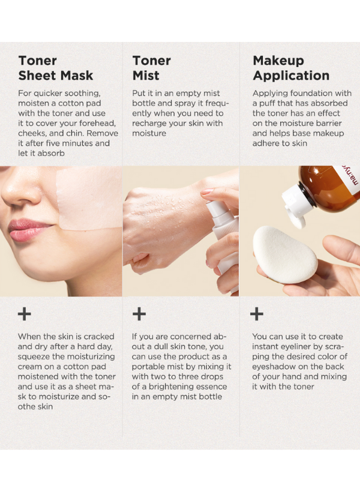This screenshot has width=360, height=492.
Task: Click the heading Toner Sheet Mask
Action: [56, 68]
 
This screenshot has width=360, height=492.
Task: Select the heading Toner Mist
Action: [152, 68]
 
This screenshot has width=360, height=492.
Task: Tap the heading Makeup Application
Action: [291, 68]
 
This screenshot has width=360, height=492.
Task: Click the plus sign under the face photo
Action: [25, 314]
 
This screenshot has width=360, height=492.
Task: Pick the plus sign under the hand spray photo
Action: [139, 314]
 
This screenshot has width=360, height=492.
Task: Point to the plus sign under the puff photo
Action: [256, 314]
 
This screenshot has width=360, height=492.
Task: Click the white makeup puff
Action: [284, 255]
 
